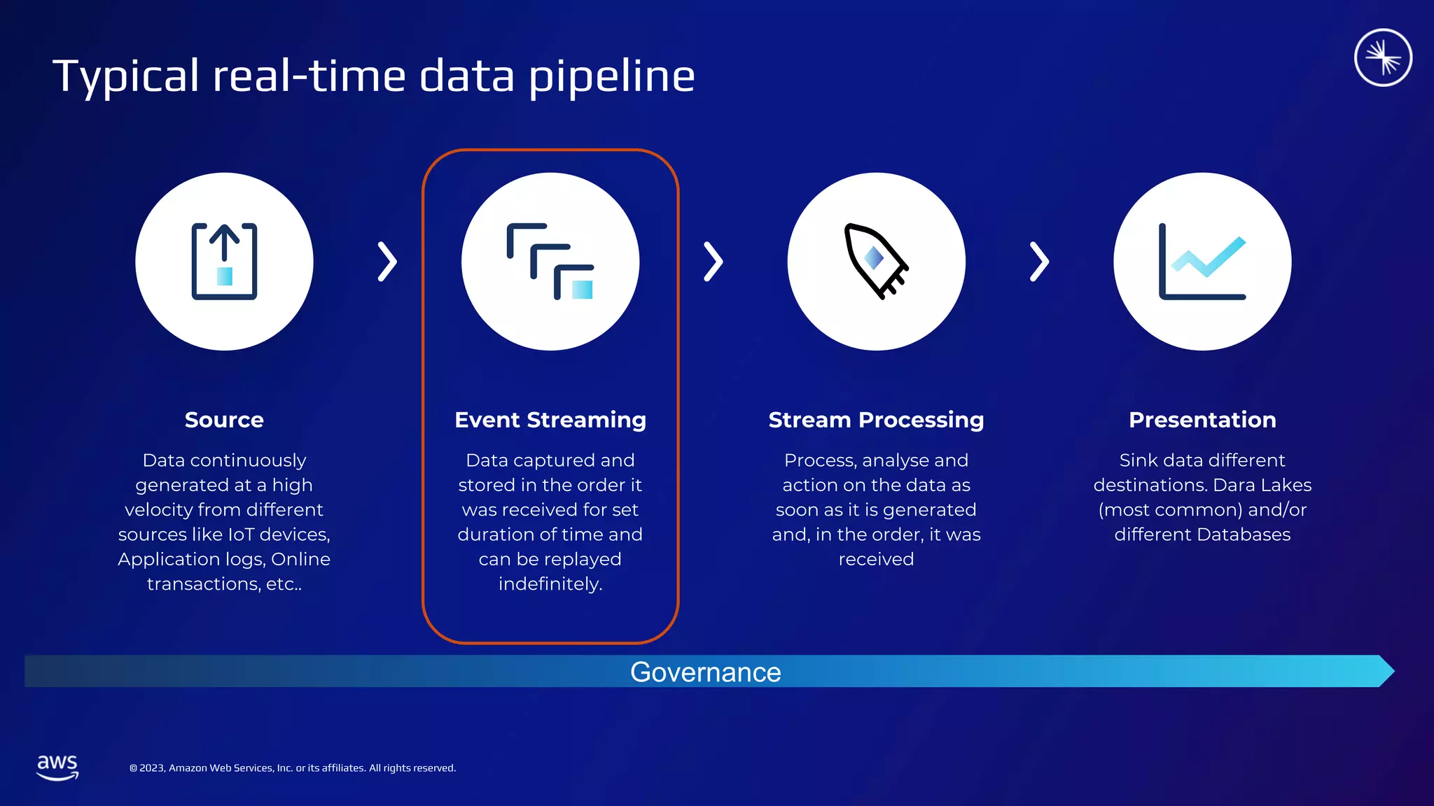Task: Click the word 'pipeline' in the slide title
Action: click(611, 77)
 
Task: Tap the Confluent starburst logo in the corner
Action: click(1383, 57)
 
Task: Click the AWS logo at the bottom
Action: click(57, 767)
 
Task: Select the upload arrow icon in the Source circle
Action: click(224, 262)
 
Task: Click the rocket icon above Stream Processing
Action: click(875, 261)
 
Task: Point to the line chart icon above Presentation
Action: click(1202, 262)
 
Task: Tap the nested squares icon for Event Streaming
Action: click(550, 262)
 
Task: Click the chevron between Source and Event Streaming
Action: click(387, 262)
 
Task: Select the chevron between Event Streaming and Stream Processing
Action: click(713, 262)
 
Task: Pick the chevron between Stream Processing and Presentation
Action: click(1039, 262)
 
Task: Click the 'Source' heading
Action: click(224, 420)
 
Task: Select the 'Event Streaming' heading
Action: click(550, 420)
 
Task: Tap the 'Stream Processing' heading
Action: click(876, 420)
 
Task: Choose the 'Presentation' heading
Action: click(1202, 420)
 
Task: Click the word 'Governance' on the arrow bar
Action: click(705, 672)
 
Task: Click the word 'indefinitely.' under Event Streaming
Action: click(550, 584)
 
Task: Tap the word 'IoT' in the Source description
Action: click(241, 535)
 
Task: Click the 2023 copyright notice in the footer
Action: click(293, 768)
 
